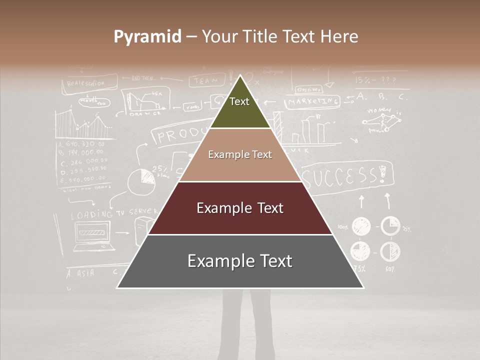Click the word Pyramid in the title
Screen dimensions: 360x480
[147, 37]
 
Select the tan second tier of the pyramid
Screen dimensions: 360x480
[240, 155]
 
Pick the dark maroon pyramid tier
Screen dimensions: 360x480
[240, 208]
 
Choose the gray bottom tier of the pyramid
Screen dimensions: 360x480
[240, 261]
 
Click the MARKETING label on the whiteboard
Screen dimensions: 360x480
[313, 102]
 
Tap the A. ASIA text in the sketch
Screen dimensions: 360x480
[80, 273]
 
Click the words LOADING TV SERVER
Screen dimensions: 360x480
[107, 213]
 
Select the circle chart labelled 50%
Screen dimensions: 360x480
[390, 251]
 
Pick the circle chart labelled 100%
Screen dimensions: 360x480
[361, 226]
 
